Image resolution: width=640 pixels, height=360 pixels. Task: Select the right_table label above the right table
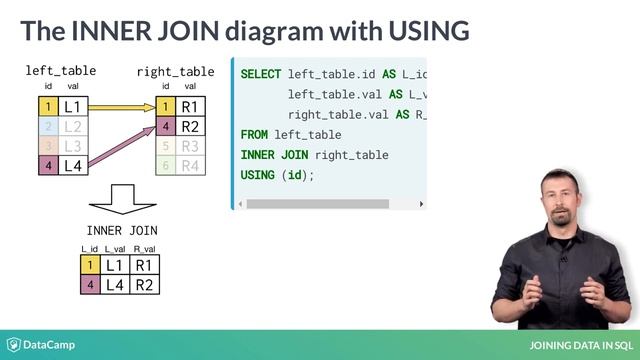click(x=175, y=72)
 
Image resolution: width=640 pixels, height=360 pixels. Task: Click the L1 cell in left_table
click(x=72, y=106)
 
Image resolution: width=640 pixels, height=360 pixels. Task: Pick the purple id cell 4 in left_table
click(x=45, y=166)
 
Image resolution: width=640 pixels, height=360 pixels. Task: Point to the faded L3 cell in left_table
click(x=72, y=146)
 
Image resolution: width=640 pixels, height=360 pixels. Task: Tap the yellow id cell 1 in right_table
click(x=166, y=106)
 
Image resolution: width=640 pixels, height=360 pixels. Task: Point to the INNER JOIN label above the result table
click(x=122, y=231)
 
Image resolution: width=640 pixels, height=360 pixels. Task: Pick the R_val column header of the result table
click(x=145, y=248)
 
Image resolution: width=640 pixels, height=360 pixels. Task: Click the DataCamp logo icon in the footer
click(x=15, y=344)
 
